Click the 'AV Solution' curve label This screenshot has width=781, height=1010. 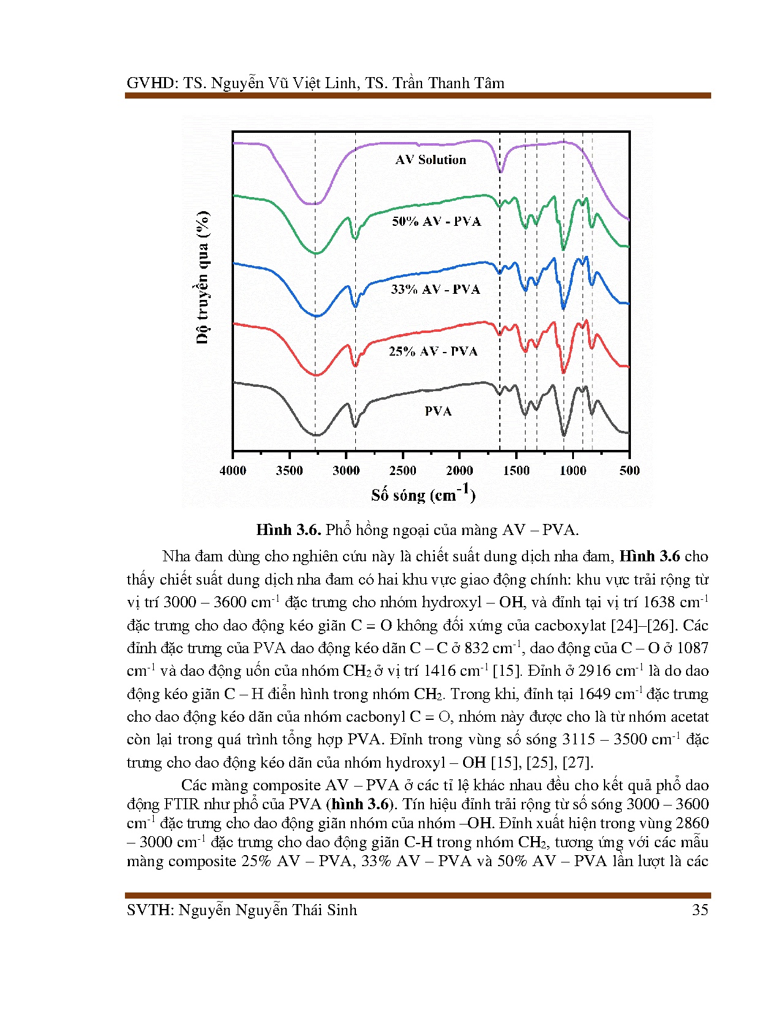(x=431, y=160)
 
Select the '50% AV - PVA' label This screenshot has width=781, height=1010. (x=436, y=222)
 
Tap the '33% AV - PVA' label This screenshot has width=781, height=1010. (x=435, y=289)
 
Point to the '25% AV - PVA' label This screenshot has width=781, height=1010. (x=433, y=351)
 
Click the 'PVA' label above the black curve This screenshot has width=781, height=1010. (x=438, y=411)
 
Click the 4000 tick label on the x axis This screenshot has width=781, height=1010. (x=233, y=471)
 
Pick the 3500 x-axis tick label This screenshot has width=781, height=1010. (x=290, y=471)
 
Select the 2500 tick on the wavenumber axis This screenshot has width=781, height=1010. (x=403, y=471)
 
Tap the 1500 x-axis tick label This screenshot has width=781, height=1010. (x=516, y=471)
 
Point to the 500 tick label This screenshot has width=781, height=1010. (x=629, y=471)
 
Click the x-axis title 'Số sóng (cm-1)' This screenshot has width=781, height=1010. (x=423, y=493)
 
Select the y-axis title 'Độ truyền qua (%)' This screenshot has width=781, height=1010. (x=203, y=277)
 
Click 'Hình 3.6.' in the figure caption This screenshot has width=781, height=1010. (x=288, y=530)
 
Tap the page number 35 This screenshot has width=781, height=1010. (x=700, y=910)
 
